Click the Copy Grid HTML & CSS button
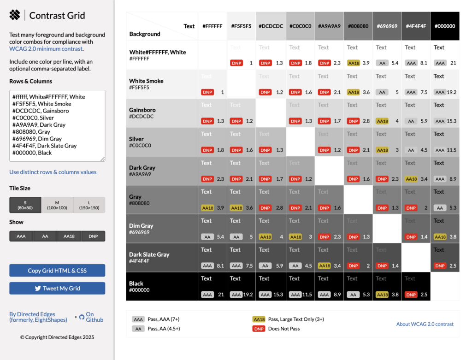point(57,271)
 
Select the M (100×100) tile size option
point(57,205)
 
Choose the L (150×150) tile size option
point(89,205)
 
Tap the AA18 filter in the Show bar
point(69,236)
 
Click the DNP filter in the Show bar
point(93,236)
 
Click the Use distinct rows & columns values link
point(53,172)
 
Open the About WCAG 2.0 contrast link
point(425,324)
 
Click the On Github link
point(94,317)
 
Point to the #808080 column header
point(358,26)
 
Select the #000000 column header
point(445,26)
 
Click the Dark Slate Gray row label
point(149,254)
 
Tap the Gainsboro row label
point(142,110)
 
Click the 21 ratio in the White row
point(453,63)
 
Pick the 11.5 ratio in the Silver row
point(451,150)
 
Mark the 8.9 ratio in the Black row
point(337,295)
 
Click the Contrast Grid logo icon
point(15,15)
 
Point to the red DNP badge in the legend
point(259,329)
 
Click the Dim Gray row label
point(141,226)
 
